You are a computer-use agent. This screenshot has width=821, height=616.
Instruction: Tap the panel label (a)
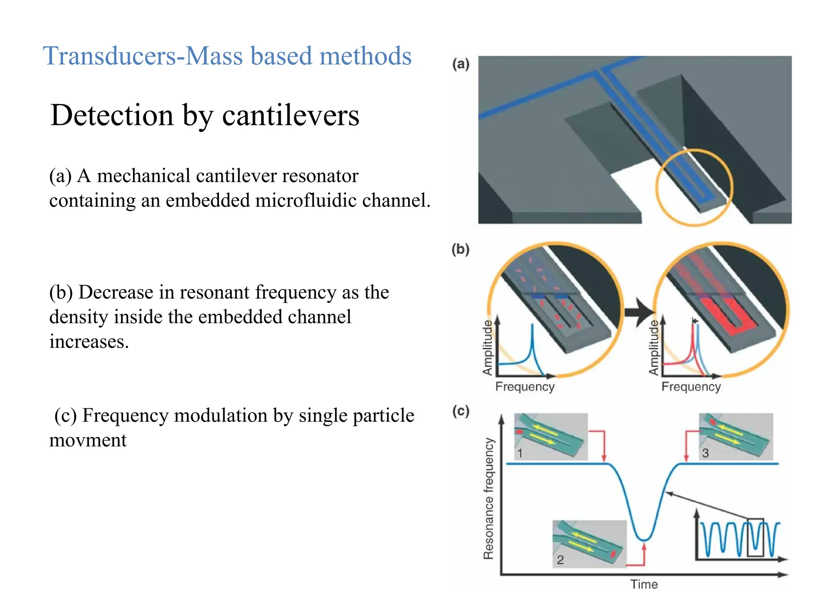pos(461,64)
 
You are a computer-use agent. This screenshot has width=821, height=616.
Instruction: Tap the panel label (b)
pos(460,249)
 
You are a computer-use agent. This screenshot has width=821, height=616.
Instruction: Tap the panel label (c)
pos(461,411)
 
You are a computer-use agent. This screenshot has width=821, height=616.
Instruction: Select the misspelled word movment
pos(88,440)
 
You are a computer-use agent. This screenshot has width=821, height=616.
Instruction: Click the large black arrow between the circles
pos(638,312)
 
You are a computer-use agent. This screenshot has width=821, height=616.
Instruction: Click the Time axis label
pos(644,584)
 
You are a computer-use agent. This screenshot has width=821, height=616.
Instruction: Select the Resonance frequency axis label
pos(489,498)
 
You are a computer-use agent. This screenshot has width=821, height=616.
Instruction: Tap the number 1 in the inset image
pos(520,453)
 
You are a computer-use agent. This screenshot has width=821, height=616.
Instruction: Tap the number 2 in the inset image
pos(560,559)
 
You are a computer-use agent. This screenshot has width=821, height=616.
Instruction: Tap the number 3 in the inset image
pos(706,453)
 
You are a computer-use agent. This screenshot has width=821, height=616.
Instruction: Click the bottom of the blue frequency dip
pos(644,539)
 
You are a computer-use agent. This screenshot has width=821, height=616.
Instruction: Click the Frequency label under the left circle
pos(525,387)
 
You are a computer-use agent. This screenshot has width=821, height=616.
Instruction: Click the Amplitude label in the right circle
pos(653,347)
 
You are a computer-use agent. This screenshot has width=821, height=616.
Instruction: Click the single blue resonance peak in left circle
pos(532,333)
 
